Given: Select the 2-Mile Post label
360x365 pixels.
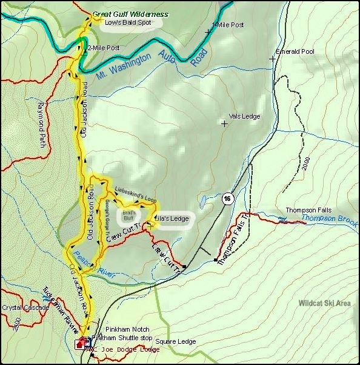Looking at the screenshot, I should coord(104,47).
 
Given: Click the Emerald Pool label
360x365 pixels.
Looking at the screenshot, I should coord(295,51).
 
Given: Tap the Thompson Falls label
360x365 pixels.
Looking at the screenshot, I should coord(303,211).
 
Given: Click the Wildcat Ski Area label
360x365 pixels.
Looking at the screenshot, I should coord(324,303).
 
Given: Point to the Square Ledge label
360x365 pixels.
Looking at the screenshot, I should coord(176,341).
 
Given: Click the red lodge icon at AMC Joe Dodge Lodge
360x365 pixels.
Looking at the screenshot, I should coord(79,344).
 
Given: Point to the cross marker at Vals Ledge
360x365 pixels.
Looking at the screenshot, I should coord(224,123).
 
